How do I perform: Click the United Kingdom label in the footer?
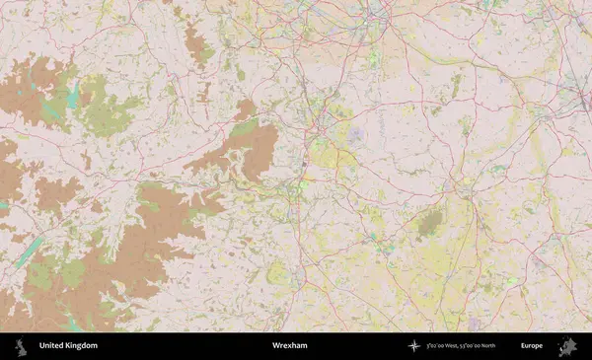click(x=68, y=346)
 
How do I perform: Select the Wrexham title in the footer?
click(x=290, y=346)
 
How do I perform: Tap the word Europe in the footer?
click(x=532, y=346)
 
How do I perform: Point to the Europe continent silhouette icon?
click(x=567, y=346)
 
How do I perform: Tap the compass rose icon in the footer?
click(x=413, y=346)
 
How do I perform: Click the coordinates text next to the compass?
click(x=461, y=346)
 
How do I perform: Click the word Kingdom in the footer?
click(x=81, y=346)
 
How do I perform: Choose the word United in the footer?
click(x=51, y=346)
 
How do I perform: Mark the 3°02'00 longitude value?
click(x=437, y=346)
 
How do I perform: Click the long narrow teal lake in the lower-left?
click(x=29, y=251)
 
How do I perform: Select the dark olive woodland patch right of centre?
click(x=428, y=225)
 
